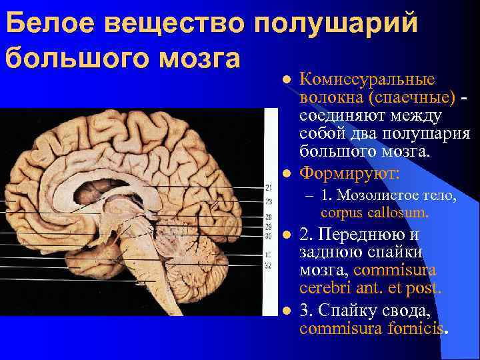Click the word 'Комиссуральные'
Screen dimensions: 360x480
[367, 80]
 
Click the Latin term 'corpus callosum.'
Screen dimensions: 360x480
[374, 213]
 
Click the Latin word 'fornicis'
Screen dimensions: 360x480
[417, 328]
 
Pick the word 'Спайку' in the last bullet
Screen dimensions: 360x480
[346, 311]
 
